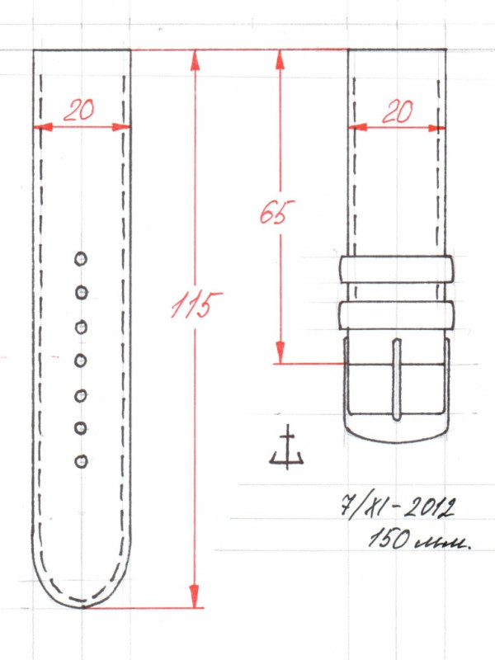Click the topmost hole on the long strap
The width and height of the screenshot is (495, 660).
tap(81, 259)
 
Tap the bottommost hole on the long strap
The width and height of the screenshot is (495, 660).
tap(81, 461)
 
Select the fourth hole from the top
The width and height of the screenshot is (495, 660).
tap(81, 361)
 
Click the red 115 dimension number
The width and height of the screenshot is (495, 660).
tap(196, 304)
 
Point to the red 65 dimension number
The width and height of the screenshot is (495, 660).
tap(276, 211)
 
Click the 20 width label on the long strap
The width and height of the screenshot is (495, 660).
tap(79, 111)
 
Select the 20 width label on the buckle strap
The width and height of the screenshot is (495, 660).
tap(398, 112)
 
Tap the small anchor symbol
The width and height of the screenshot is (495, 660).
tap(287, 448)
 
